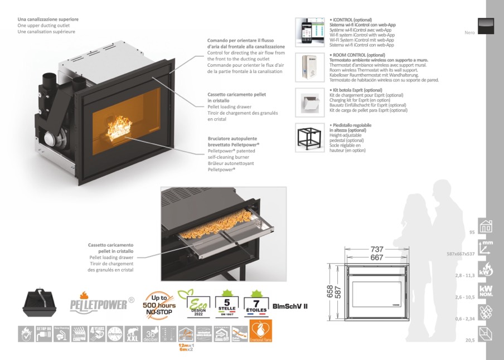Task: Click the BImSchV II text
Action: pos(290,306)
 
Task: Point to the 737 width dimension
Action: pos(377,249)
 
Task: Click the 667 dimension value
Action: pos(377,257)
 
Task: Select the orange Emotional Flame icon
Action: pos(261,332)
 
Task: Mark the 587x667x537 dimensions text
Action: pos(461,254)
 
